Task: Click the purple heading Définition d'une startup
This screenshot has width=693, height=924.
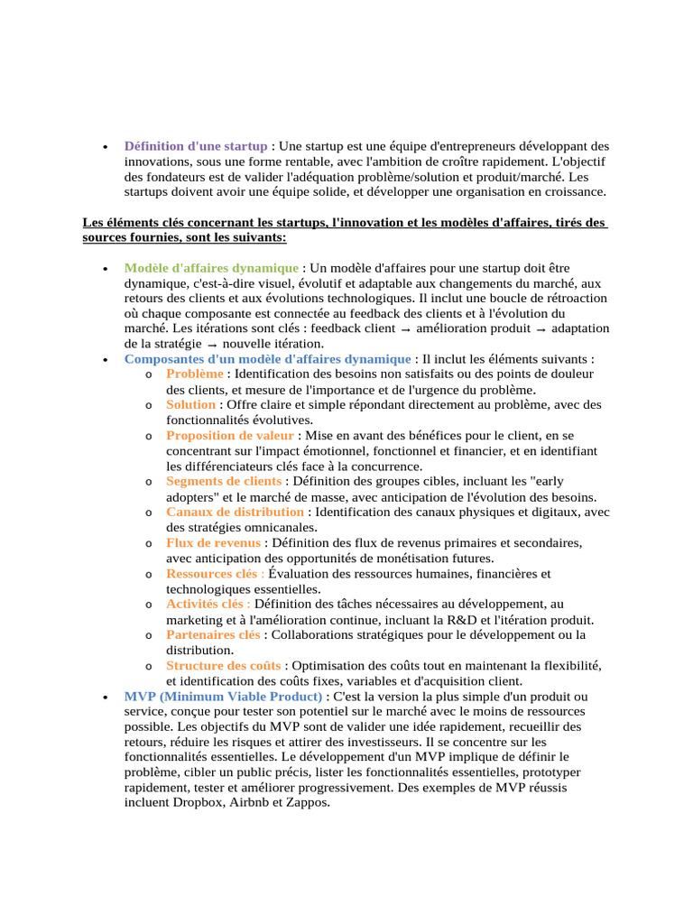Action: (x=195, y=145)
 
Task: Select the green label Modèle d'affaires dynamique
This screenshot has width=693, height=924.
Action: (x=211, y=268)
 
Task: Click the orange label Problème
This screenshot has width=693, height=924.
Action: (x=195, y=374)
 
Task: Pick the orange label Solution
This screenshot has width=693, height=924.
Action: (x=190, y=405)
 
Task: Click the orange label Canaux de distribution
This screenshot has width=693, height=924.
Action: (x=235, y=513)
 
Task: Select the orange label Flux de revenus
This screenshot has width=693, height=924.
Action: (x=214, y=543)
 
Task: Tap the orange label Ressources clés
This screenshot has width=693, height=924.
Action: (x=211, y=574)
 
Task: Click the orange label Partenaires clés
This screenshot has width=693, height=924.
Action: (x=213, y=635)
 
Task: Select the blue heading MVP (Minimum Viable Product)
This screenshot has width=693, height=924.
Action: (x=223, y=697)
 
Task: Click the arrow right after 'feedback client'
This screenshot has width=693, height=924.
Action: (x=432, y=329)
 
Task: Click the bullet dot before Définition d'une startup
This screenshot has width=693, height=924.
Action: (x=106, y=146)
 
